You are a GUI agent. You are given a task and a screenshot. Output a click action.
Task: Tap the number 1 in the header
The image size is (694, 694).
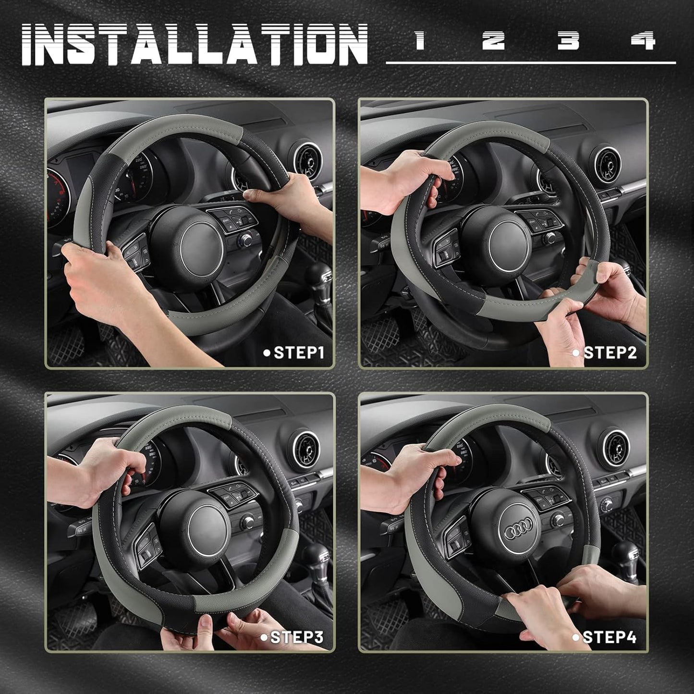point(420,40)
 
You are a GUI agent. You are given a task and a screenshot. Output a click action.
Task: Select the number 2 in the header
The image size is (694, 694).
point(493,40)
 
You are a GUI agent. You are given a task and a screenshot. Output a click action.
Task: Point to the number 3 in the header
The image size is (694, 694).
point(568,40)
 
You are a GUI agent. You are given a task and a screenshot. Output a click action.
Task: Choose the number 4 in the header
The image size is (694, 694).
point(643,40)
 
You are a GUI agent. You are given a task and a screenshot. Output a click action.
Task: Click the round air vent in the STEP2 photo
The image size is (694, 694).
point(609,166)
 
